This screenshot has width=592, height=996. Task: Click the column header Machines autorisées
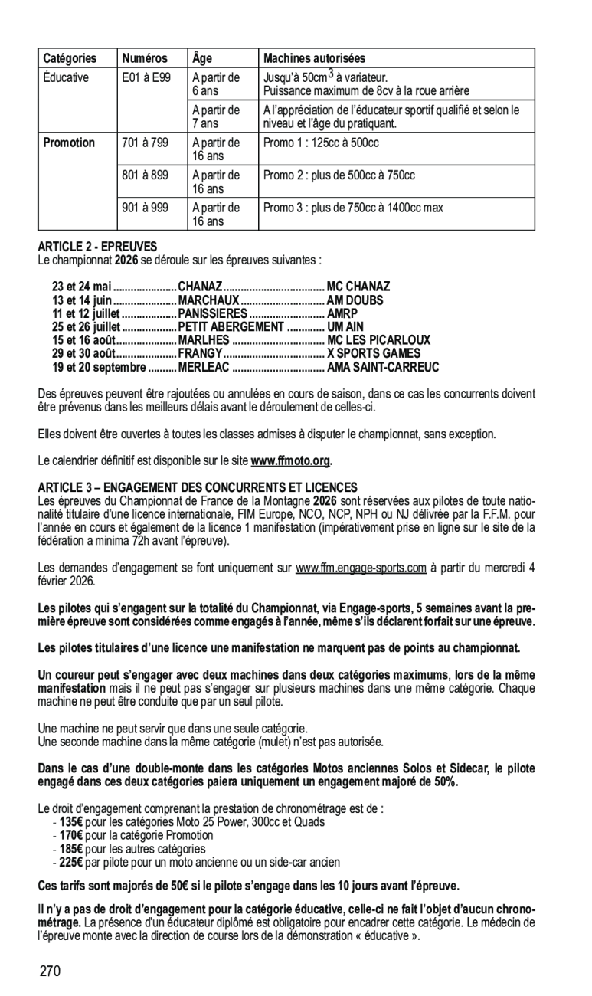[314, 58]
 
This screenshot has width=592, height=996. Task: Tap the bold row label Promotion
[69, 143]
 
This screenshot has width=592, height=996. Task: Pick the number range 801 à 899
[145, 175]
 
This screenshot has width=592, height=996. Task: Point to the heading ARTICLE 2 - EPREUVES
[97, 247]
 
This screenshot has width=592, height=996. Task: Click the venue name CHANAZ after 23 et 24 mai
[200, 287]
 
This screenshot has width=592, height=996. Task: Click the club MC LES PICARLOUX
[378, 339]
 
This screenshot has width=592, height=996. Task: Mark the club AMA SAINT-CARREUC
[383, 367]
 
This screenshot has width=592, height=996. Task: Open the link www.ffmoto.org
[292, 460]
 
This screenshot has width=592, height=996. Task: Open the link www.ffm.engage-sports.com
[361, 568]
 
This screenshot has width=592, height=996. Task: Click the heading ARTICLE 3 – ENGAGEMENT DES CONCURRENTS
[198, 487]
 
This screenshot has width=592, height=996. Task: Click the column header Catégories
[70, 58]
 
